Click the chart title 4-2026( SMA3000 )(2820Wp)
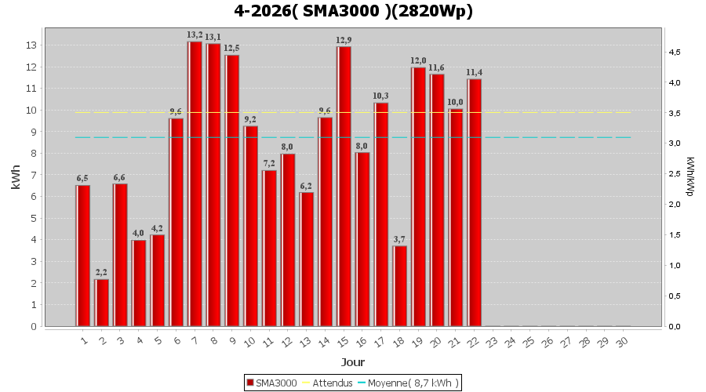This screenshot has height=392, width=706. [x=353, y=11]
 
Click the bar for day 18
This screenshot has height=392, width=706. [x=400, y=285]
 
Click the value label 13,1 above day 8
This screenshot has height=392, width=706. [x=213, y=37]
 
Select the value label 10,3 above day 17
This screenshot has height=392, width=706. [x=381, y=96]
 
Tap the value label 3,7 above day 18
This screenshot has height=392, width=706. [x=400, y=239]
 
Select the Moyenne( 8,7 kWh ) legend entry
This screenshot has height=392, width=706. [x=409, y=383]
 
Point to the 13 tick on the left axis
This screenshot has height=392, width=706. [x=32, y=45]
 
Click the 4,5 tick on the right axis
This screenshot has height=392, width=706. [x=674, y=53]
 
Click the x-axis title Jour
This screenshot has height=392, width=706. [x=353, y=362]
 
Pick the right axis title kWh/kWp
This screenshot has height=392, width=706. [x=690, y=177]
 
